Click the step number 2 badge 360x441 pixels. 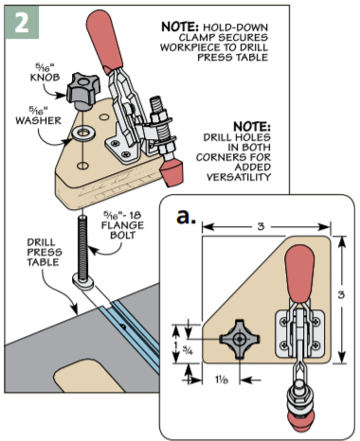[x=22, y=22]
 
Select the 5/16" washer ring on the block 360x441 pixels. [x=83, y=132]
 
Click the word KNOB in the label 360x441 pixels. [x=45, y=78]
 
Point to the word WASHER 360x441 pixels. [x=38, y=120]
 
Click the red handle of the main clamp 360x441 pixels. [x=104, y=40]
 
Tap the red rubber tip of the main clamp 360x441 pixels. [x=171, y=172]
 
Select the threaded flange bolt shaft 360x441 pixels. [x=83, y=248]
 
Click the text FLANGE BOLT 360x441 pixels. [x=122, y=230]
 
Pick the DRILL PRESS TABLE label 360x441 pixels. [x=45, y=253]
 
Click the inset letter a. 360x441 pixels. [x=186, y=217]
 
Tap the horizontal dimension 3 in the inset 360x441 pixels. [x=261, y=226]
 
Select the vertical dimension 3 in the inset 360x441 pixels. [x=341, y=294]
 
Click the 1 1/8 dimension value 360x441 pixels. [x=222, y=379]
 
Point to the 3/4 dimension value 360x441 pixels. [x=188, y=350]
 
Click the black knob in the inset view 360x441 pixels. [x=240, y=340]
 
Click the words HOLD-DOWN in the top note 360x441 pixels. [x=235, y=27]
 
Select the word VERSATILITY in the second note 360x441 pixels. [x=239, y=177]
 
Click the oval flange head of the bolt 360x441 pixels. [x=83, y=281]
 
